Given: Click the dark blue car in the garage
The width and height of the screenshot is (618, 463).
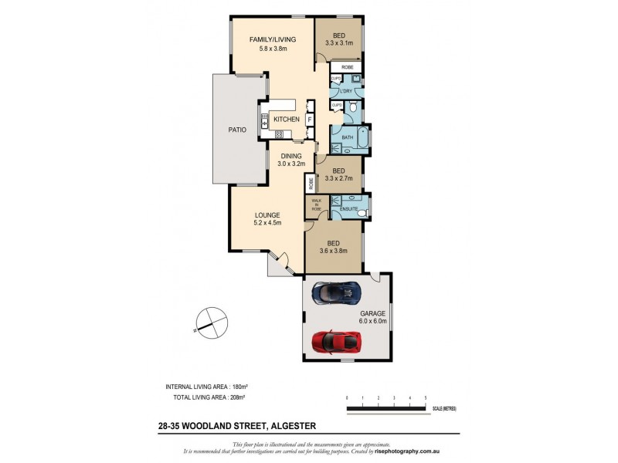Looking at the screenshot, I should [334, 292].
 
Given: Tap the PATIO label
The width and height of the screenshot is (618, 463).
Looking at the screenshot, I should [237, 130].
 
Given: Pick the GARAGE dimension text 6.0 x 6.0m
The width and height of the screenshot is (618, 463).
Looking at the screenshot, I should [370, 321].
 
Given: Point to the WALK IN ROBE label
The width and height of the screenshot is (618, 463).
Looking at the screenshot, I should [316, 205].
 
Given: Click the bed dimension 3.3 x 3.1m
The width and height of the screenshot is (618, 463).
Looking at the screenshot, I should [338, 44].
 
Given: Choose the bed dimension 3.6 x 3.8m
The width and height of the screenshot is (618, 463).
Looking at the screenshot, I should [334, 250].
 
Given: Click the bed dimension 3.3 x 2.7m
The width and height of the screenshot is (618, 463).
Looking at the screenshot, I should [338, 178].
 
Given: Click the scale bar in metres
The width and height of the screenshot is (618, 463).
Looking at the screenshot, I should [386, 407].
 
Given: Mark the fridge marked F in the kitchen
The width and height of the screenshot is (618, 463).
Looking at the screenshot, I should [310, 120].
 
